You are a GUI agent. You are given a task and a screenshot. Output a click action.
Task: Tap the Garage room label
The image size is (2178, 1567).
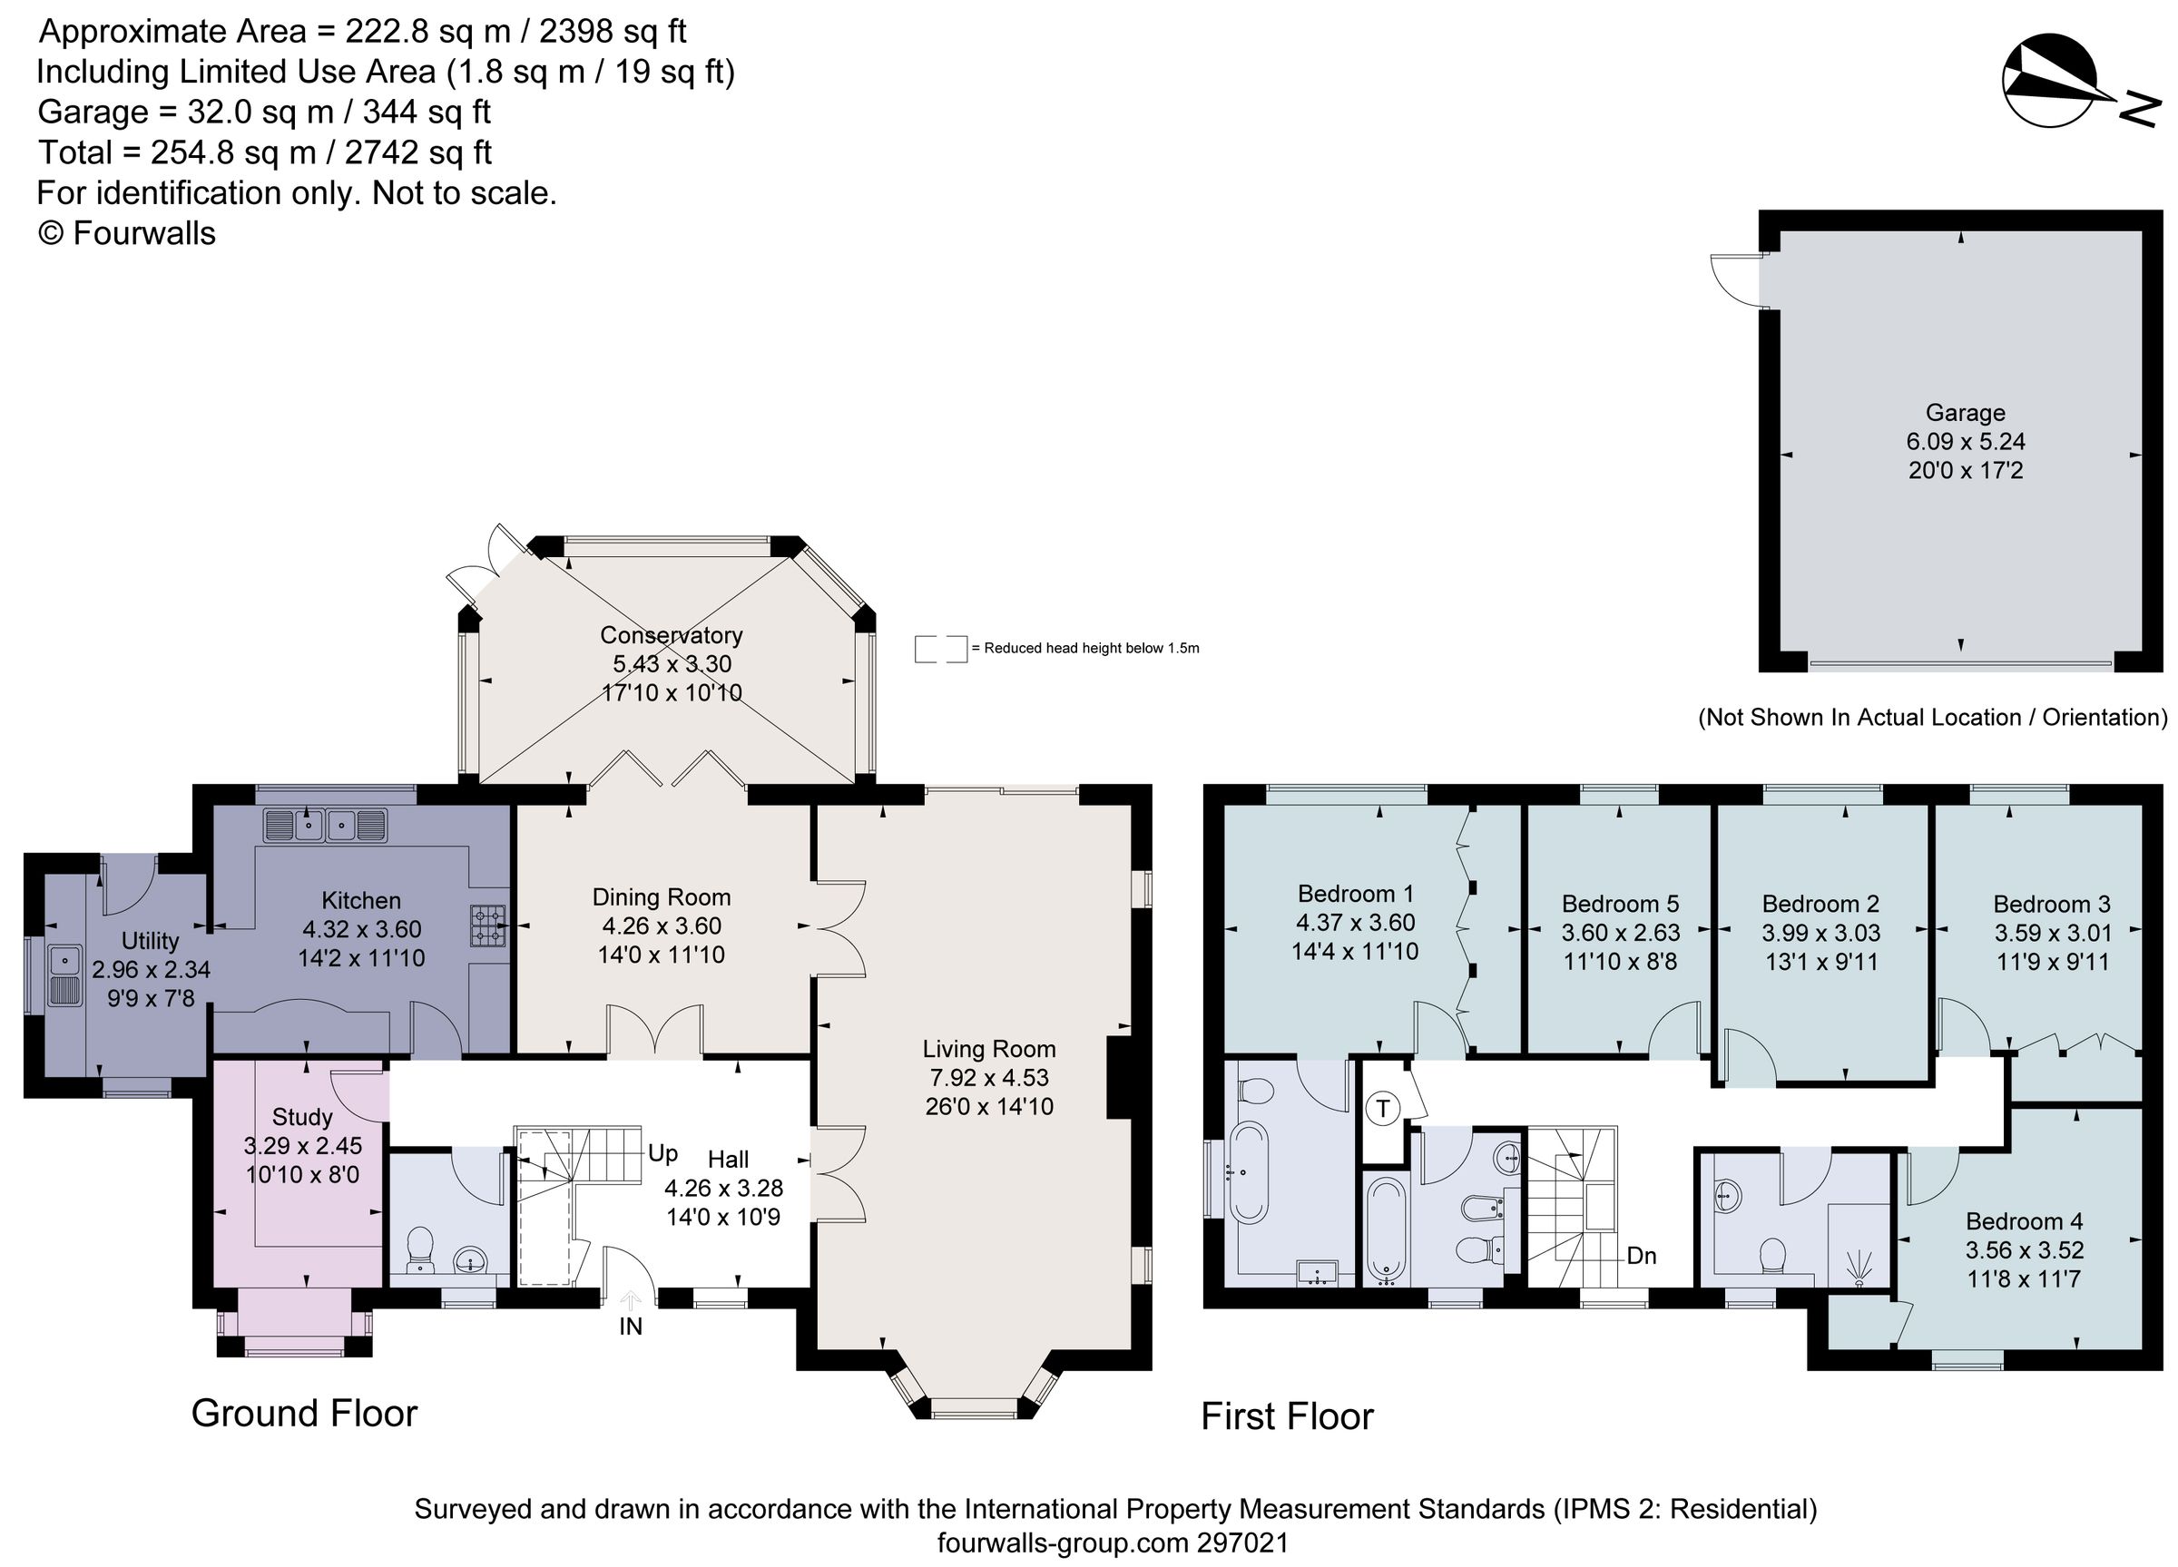[1965, 413]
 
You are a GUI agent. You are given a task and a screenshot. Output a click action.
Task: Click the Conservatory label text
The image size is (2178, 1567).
[672, 634]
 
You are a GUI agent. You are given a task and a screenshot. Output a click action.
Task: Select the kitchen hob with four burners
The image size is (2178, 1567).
[488, 926]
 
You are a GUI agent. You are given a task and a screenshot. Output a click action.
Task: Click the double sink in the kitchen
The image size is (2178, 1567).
[326, 825]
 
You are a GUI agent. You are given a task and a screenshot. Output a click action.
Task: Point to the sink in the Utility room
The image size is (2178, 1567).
[65, 974]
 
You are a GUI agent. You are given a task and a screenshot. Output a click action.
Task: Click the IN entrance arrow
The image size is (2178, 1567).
[630, 1303]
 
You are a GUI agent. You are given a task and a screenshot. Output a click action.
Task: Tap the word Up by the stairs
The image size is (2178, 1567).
[662, 1152]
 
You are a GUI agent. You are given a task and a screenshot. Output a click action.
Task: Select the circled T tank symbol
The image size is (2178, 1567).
[1382, 1109]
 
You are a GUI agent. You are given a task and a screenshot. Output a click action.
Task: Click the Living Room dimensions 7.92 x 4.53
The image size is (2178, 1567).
[988, 1077]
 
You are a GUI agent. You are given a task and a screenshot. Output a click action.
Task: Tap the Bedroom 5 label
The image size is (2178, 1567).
[1620, 904]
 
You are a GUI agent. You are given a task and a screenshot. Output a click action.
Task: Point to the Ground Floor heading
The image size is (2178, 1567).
[304, 1414]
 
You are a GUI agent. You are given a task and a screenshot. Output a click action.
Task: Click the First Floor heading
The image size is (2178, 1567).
[1287, 1416]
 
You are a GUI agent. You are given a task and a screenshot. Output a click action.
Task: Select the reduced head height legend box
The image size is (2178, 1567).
[940, 649]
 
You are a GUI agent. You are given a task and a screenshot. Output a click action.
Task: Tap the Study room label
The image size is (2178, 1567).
[301, 1117]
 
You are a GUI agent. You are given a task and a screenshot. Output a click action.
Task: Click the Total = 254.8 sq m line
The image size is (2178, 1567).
[264, 152]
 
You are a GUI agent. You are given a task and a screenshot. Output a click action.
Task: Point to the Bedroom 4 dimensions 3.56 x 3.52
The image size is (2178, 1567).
[2024, 1250]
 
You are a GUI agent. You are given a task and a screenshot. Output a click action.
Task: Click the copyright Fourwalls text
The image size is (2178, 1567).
[126, 233]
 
